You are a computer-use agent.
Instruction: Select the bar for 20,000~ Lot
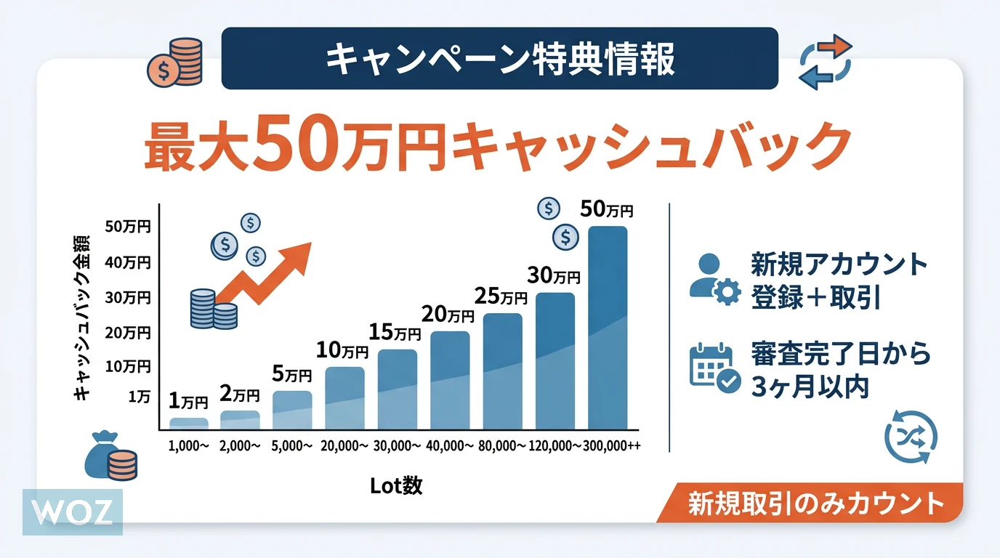click(x=344, y=397)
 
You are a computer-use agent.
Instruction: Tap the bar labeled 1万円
click(x=189, y=422)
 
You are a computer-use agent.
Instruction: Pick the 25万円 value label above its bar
click(x=501, y=296)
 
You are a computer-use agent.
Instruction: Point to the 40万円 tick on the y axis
click(x=128, y=262)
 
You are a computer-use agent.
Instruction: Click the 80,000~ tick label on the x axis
click(x=501, y=445)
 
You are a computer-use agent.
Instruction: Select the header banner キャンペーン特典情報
click(x=499, y=59)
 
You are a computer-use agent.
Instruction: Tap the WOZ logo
click(x=72, y=512)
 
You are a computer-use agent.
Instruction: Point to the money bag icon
click(x=109, y=456)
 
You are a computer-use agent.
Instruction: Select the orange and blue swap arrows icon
click(x=825, y=62)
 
